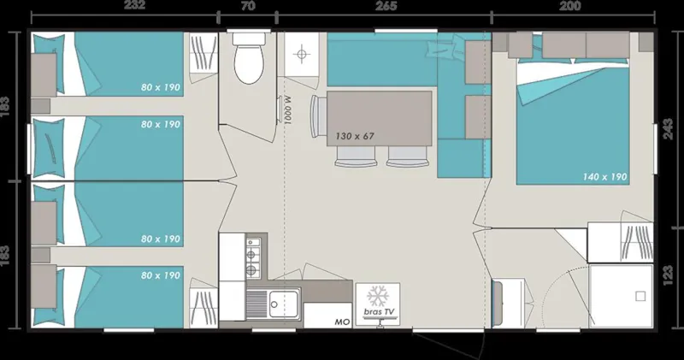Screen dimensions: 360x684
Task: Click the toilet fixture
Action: pyautogui.click(x=248, y=61)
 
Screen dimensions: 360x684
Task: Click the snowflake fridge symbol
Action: pyautogui.click(x=377, y=296)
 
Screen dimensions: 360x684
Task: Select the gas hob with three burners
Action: pyautogui.click(x=252, y=257)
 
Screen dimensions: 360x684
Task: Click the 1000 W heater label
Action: pyautogui.click(x=288, y=110)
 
